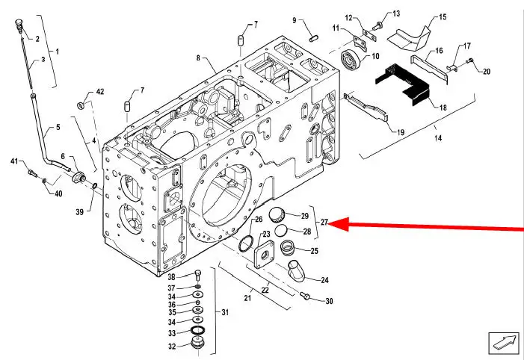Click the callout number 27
coord(324,222)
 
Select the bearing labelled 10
coord(351,60)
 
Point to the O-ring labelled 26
coord(247,243)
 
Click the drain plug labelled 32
coord(197,343)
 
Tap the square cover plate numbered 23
coord(264,255)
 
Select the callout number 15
coord(442,16)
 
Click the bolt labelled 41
coord(32,173)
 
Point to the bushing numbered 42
coord(81,106)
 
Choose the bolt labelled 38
coord(197,275)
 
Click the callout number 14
coord(438,137)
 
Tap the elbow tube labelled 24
coord(297,270)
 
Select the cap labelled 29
coord(277,214)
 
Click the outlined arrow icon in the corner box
coord(505,344)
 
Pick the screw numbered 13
coord(377,26)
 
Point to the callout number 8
coord(198,58)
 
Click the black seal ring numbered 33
coord(197,331)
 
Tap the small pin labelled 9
coord(314,38)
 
